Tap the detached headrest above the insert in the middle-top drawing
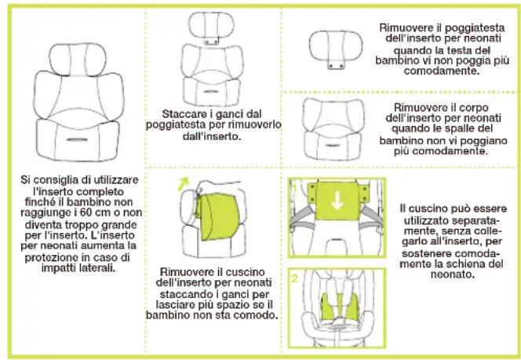[210, 27]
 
